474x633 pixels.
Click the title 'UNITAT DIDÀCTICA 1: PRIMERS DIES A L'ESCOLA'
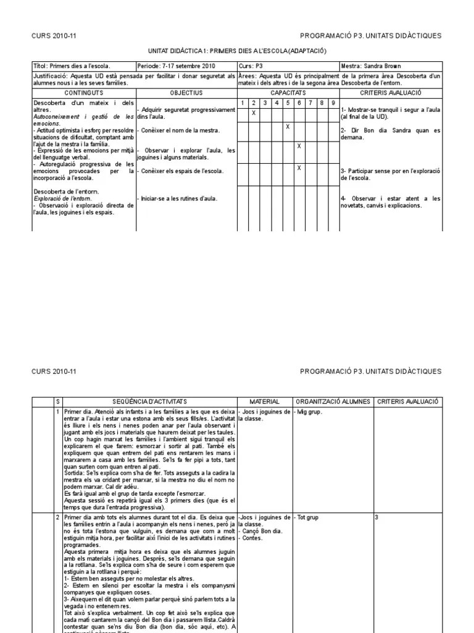click(237, 51)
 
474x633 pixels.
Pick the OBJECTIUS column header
click(186, 92)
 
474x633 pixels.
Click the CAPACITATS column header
click(288, 92)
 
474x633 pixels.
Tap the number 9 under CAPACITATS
click(333, 103)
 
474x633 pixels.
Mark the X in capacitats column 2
click(254, 113)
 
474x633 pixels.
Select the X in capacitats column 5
click(288, 126)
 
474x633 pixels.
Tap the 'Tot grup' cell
click(307, 517)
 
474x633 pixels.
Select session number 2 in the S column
click(57, 517)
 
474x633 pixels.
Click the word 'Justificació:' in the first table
click(51, 76)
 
